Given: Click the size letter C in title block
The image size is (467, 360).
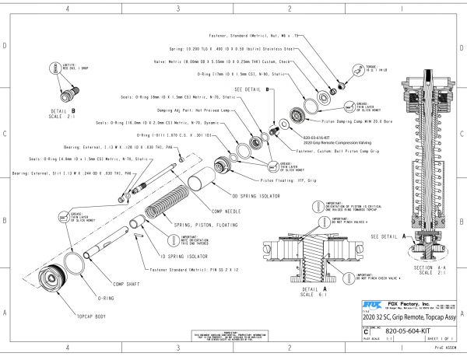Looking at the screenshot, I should [x=367, y=330].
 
